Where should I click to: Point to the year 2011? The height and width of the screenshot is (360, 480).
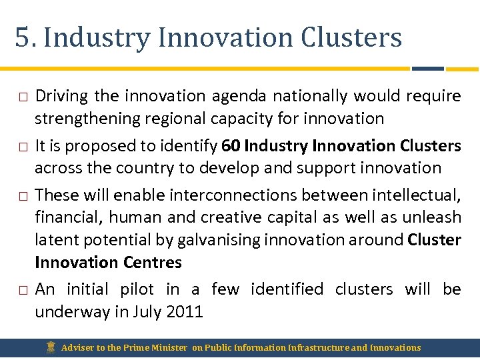point(183,311)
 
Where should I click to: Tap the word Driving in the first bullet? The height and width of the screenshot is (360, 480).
point(61,96)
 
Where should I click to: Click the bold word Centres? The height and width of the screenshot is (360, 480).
point(151,262)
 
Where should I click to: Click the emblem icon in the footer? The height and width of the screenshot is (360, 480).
point(51,347)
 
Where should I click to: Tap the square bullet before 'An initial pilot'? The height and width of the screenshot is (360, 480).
point(22,290)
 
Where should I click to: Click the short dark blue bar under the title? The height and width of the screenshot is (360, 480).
point(428,69)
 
